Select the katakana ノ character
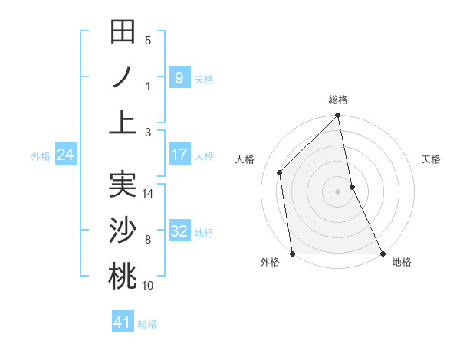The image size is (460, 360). (x=123, y=77)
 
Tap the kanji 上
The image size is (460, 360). (x=123, y=122)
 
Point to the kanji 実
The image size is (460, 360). (x=123, y=185)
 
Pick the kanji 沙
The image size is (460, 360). (x=123, y=231)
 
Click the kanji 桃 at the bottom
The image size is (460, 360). (x=123, y=276)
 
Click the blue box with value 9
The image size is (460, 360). (x=179, y=77)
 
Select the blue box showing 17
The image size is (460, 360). (x=179, y=155)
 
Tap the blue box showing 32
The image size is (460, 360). (x=179, y=231)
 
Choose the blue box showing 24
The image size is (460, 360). (x=65, y=155)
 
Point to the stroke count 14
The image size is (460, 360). (x=148, y=194)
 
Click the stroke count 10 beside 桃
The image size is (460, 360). (x=148, y=286)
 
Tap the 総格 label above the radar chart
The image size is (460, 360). (x=338, y=100)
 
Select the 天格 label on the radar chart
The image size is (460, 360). (x=431, y=159)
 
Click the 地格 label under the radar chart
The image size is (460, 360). (x=402, y=263)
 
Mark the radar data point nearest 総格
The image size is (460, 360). (x=338, y=116)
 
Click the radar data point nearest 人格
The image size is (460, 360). (x=280, y=172)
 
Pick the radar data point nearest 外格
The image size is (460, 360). (x=292, y=254)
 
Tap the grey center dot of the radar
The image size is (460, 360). (x=338, y=191)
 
